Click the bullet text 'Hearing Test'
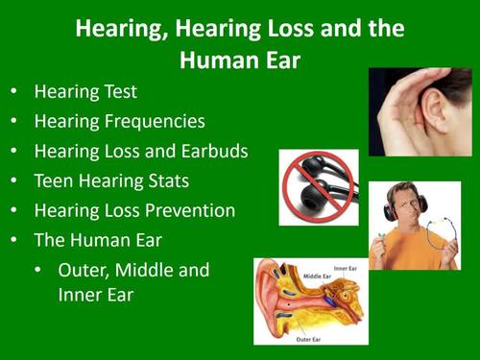(85, 93)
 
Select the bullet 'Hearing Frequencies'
(119, 122)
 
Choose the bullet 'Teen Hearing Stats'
(112, 180)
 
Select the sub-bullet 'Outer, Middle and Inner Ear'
(132, 282)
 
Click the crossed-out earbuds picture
(319, 186)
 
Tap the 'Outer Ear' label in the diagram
(311, 337)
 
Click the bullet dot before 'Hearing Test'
(13, 94)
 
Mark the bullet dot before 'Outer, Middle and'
(37, 271)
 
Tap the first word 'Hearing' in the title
(117, 29)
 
